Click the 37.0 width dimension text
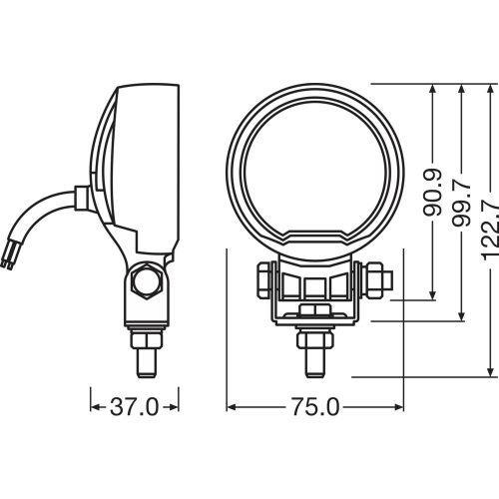(x=134, y=407)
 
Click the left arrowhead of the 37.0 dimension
(x=94, y=407)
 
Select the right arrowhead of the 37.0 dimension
(x=176, y=407)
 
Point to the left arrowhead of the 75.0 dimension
(x=233, y=407)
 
